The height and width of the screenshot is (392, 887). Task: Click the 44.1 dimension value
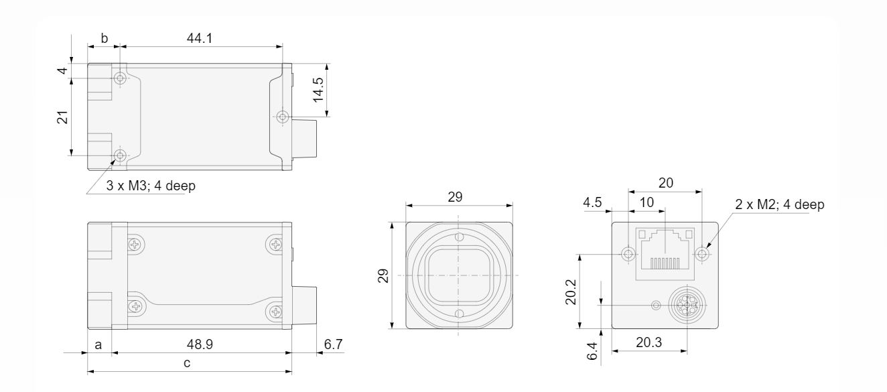200,38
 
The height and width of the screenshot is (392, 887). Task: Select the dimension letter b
104,38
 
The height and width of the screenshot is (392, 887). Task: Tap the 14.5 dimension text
318,90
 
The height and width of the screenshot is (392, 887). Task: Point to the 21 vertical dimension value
62,117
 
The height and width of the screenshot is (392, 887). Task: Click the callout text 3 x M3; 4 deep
151,186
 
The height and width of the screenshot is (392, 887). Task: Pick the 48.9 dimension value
200,344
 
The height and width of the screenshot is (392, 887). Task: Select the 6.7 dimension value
333,344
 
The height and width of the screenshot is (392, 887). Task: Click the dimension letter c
187,363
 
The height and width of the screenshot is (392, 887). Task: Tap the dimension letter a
98,345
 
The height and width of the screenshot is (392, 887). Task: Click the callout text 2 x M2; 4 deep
780,204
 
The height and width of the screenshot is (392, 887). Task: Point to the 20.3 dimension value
649,342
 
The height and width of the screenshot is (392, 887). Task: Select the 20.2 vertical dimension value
571,292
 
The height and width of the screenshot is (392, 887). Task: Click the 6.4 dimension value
592,351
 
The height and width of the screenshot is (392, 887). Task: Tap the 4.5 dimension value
592,202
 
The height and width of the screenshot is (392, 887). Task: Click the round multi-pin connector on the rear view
687,306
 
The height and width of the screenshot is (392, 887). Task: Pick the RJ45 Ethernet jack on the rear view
665,254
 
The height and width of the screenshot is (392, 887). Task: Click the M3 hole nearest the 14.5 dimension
282,117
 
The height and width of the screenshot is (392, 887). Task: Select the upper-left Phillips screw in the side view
135,245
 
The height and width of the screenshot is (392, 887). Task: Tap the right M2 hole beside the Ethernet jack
702,253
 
